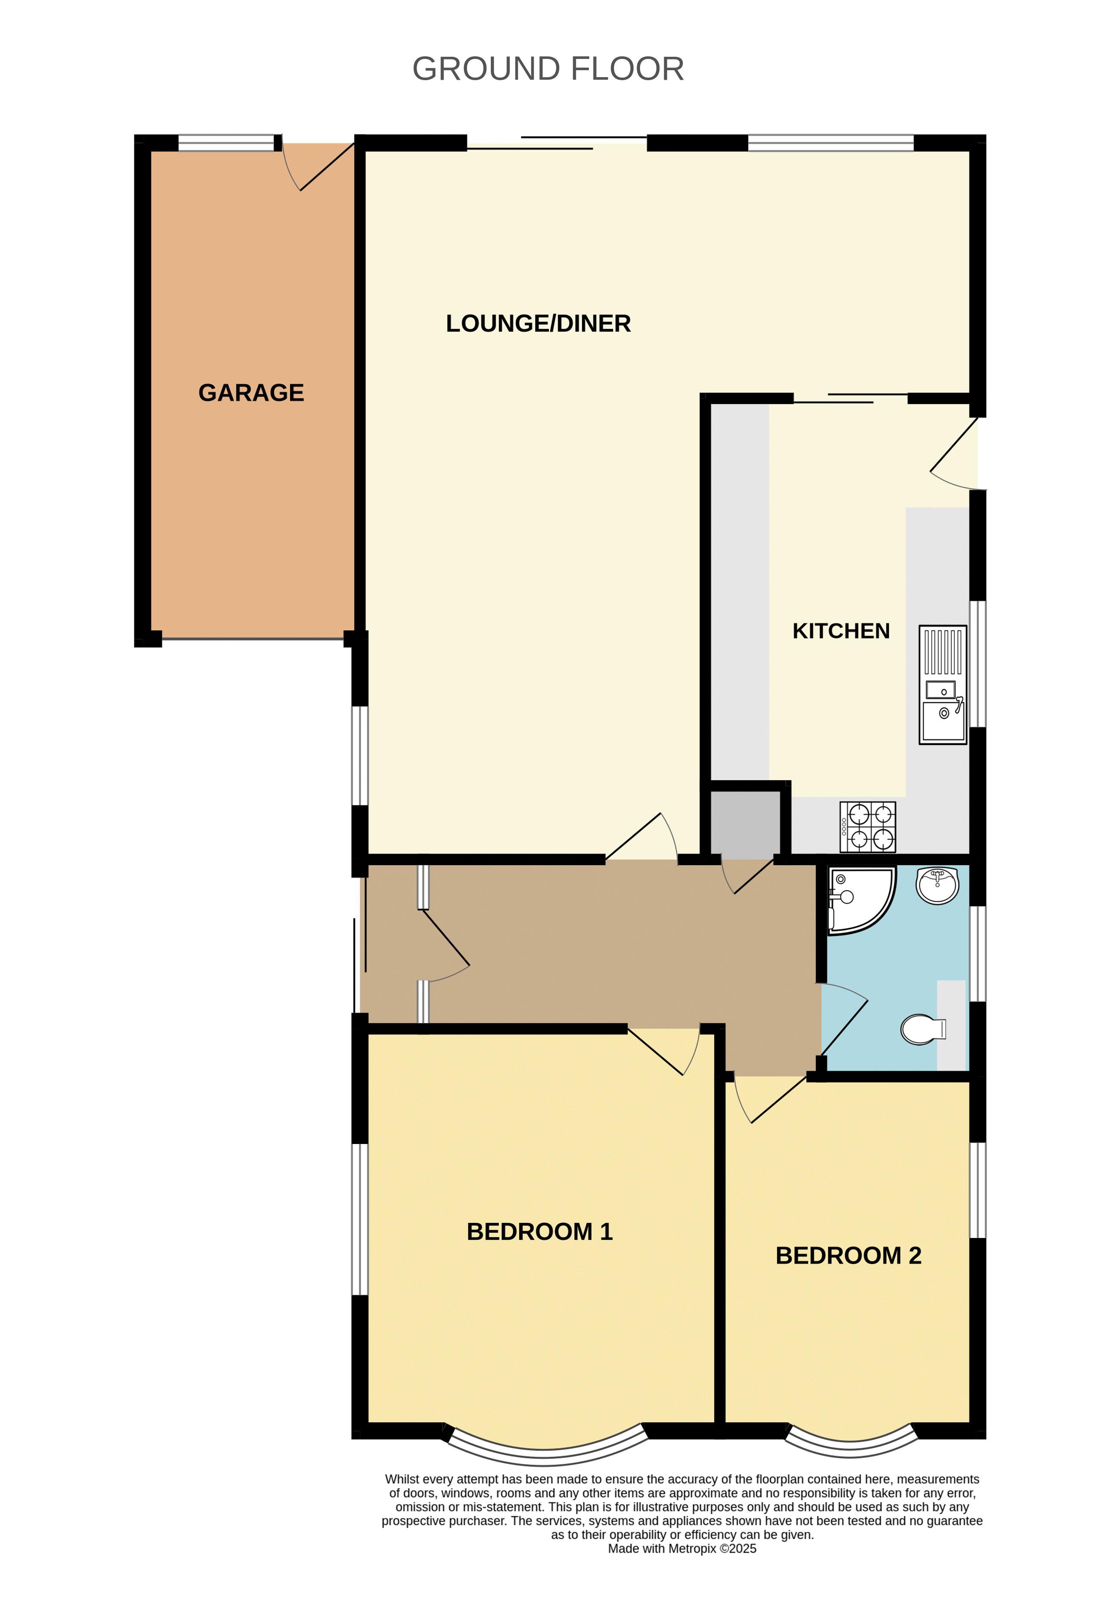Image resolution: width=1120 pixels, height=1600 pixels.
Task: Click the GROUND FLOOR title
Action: (x=548, y=69)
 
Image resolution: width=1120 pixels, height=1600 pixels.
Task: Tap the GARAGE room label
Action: (x=251, y=393)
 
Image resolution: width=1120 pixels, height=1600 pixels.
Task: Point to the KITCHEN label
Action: (x=841, y=631)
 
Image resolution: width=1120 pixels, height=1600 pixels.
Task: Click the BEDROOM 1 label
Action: (x=539, y=1232)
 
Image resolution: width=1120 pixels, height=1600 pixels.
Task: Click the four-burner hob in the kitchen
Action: (x=868, y=827)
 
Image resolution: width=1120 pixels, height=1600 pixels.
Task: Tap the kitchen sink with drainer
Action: (x=943, y=685)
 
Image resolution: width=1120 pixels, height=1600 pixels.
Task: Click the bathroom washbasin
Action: (x=938, y=885)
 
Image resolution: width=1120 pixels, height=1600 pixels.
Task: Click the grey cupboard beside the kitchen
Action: (x=745, y=823)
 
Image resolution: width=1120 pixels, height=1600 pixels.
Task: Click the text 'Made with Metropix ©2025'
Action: (x=682, y=1548)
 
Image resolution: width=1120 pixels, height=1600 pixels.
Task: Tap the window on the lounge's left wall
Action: (x=359, y=756)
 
